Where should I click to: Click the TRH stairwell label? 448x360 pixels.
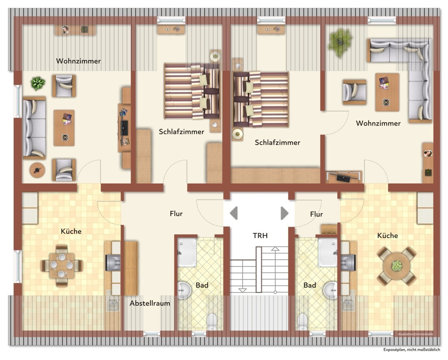260,236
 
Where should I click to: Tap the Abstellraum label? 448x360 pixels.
150,303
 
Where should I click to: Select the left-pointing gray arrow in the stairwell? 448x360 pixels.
234,213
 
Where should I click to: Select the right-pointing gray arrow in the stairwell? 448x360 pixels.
284,213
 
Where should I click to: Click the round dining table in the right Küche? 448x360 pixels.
393,266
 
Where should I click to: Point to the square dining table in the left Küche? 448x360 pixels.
62,266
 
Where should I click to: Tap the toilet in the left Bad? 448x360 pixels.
212,322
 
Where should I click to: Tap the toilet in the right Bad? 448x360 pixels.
302,322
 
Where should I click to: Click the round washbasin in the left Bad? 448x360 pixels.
184,290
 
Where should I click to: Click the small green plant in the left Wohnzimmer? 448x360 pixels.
38,84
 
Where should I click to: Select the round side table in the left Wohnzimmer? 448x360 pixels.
37,170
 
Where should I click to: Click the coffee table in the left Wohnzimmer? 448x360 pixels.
64,128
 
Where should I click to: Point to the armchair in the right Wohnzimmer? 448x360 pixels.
354,92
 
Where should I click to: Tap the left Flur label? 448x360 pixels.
176,214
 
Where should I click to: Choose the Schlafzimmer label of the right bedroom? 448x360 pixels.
277,143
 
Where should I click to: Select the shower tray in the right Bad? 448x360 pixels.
328,252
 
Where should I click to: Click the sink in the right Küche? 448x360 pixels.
348,305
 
